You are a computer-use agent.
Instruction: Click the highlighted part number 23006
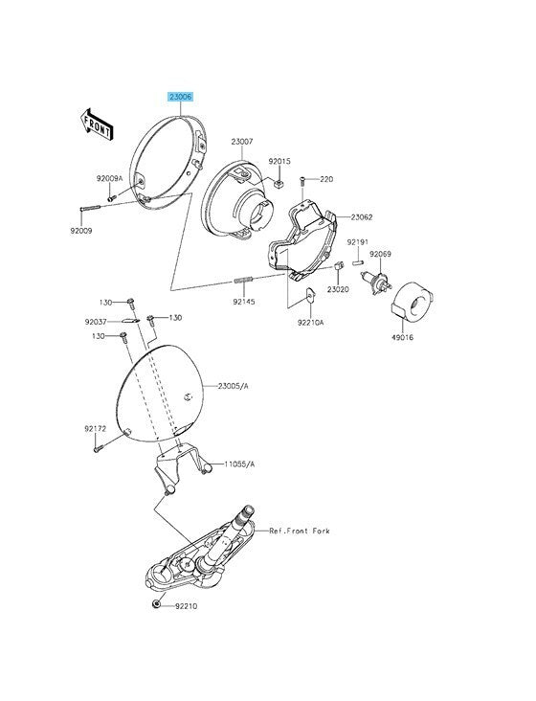point(181,97)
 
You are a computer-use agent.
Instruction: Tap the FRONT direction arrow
point(97,124)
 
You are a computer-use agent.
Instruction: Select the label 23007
point(242,142)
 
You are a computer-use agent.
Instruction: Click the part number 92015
point(279,161)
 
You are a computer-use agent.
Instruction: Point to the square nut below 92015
point(279,183)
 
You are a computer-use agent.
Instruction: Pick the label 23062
point(362,217)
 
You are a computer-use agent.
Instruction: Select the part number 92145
point(244,302)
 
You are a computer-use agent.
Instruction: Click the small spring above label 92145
point(243,281)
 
